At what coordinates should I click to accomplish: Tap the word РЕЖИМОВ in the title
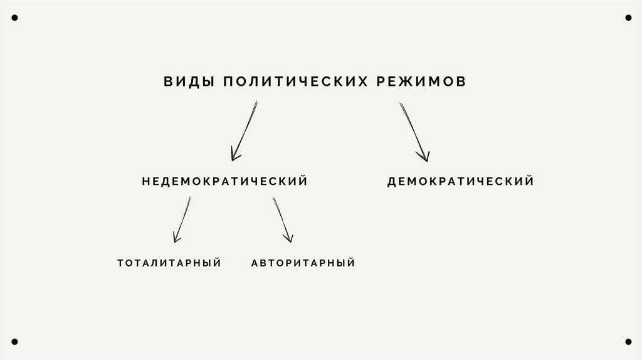421,82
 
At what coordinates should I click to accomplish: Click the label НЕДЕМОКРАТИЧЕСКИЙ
224,181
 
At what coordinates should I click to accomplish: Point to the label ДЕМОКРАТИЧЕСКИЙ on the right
460,181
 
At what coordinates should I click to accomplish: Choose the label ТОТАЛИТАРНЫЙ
169,263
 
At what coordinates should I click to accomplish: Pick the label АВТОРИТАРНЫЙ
303,263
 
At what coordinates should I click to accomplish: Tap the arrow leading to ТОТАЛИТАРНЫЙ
182,220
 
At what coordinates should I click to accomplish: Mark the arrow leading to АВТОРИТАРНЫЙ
282,220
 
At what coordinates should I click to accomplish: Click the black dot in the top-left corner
14,18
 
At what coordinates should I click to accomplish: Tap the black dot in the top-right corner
628,18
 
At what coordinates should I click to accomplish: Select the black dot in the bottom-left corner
14,342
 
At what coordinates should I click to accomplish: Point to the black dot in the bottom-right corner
628,342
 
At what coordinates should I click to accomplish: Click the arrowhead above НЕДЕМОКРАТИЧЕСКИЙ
235,155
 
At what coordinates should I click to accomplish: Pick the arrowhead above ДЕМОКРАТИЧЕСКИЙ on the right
424,156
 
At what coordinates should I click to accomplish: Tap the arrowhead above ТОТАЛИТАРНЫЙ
177,238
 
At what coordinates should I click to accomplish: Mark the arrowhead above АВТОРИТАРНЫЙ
288,238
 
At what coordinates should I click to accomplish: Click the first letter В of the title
167,82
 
